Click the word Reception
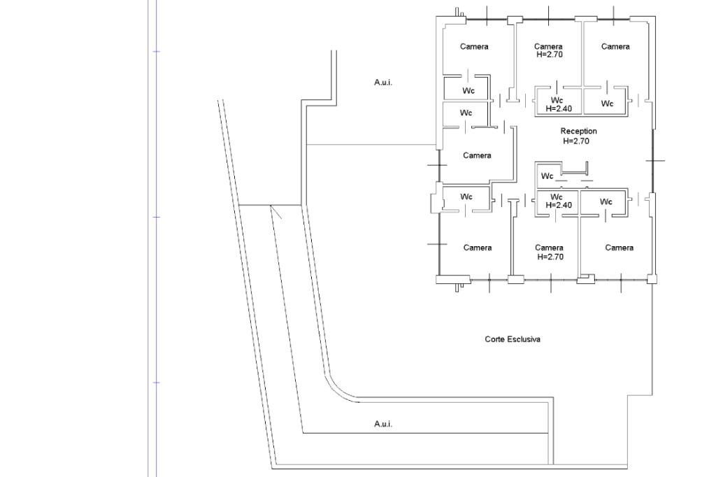point(578,131)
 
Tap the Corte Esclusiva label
point(513,339)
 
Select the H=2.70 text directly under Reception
point(577,141)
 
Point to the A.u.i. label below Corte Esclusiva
point(382,424)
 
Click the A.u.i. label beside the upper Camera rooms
point(383,83)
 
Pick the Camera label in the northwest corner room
point(474,47)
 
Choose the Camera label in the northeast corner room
point(615,47)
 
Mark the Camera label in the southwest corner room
point(478,248)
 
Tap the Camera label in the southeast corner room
point(619,248)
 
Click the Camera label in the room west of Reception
point(477,155)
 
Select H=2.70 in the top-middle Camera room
point(549,55)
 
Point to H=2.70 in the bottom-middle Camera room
point(549,257)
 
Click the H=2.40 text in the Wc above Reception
point(557,108)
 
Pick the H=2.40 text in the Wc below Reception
point(557,205)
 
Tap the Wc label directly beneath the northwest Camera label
point(468,91)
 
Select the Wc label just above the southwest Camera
point(466,197)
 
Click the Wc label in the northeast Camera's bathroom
point(607,104)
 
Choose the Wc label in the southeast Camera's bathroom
point(606,202)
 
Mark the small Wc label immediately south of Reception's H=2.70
point(547,176)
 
